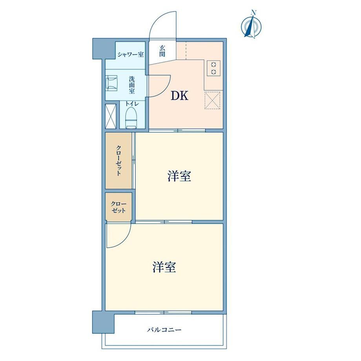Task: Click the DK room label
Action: pyautogui.click(x=179, y=95)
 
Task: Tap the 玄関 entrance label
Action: pyautogui.click(x=162, y=51)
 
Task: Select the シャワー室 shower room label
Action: pyautogui.click(x=131, y=55)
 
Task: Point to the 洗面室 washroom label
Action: pyautogui.click(x=132, y=85)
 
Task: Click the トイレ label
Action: pyautogui.click(x=132, y=104)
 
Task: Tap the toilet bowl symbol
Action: pyautogui.click(x=131, y=118)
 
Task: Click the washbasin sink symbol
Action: pyautogui.click(x=112, y=83)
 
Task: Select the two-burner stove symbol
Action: pyautogui.click(x=213, y=68)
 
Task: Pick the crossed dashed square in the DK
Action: pyautogui.click(x=212, y=100)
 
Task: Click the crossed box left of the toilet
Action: pyautogui.click(x=111, y=116)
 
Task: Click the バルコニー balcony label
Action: pyautogui.click(x=164, y=330)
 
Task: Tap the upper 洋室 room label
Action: pyautogui.click(x=179, y=176)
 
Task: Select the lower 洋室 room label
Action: pyautogui.click(x=164, y=267)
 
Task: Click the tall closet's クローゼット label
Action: pyautogui.click(x=119, y=160)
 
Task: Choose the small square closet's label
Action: pyautogui.click(x=119, y=207)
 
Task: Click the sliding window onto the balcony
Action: pyautogui.click(x=163, y=312)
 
